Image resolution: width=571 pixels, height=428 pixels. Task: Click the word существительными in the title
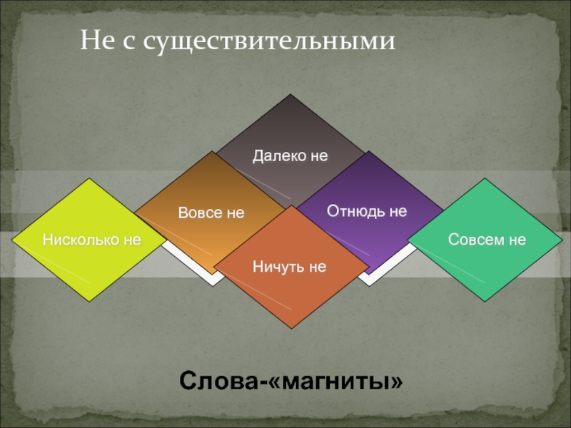point(269,41)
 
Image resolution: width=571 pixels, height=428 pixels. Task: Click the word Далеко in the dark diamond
point(280,156)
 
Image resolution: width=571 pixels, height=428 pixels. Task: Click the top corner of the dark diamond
point(290,94)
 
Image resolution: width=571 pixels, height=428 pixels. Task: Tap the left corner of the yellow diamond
point(11,240)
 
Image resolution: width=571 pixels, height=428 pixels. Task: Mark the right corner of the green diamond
point(562,240)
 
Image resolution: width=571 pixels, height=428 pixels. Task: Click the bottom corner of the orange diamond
point(291,329)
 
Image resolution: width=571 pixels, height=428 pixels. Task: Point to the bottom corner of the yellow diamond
point(89,301)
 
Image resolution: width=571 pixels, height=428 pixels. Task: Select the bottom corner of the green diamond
point(485,301)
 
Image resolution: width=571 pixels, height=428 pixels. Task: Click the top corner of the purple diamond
point(368,151)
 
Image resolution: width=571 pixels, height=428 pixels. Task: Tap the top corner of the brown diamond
point(211,151)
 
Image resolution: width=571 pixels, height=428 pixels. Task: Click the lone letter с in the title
point(128,44)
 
